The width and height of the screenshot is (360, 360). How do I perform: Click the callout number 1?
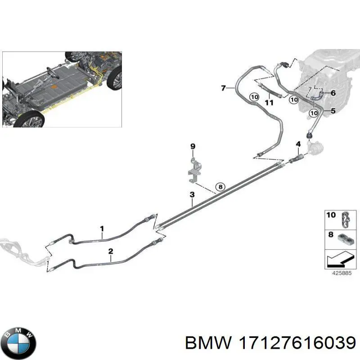pyautogui.click(x=102, y=229)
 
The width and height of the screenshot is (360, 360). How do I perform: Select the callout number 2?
pyautogui.click(x=111, y=251)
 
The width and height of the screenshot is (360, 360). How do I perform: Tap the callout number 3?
pyautogui.click(x=192, y=194)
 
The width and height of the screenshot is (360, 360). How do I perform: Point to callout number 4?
pyautogui.click(x=298, y=144)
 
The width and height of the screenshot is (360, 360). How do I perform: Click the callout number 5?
pyautogui.click(x=333, y=111)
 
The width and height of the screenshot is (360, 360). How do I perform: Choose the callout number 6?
pyautogui.click(x=333, y=93)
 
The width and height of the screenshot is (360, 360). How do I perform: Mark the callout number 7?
pyautogui.click(x=223, y=88)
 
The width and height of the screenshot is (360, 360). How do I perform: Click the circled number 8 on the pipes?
pyautogui.click(x=220, y=187)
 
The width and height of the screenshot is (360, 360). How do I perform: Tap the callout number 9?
pyautogui.click(x=193, y=146)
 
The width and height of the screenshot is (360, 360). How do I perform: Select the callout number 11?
pyautogui.click(x=269, y=103)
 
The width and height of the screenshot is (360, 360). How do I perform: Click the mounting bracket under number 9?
pyautogui.click(x=194, y=170)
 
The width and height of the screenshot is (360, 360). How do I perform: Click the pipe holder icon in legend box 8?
pyautogui.click(x=346, y=240)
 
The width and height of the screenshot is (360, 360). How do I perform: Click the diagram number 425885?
pyautogui.click(x=342, y=273)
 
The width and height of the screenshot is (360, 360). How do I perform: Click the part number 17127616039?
pyautogui.click(x=297, y=343)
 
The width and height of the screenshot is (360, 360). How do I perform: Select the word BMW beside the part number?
pyautogui.click(x=208, y=343)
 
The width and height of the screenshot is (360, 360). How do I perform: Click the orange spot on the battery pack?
pyautogui.click(x=54, y=87)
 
